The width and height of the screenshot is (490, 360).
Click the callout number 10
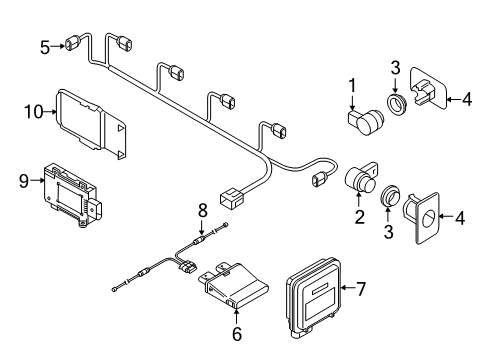[x=34, y=112]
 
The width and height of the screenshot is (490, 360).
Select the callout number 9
[x=24, y=181]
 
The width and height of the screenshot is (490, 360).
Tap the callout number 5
[x=45, y=47]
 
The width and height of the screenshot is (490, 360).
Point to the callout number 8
[x=203, y=210]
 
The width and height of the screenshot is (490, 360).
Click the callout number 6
[x=237, y=334]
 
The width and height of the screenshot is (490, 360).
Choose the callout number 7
[x=361, y=288]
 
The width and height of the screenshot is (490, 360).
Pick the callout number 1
[x=352, y=85]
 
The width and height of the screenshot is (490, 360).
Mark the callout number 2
[x=360, y=217]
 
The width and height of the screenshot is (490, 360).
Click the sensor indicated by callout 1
[x=366, y=121]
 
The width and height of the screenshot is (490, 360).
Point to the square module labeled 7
[x=314, y=297]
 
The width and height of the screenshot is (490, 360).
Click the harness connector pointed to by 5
[x=72, y=43]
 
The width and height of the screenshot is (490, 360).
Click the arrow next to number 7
[x=348, y=287]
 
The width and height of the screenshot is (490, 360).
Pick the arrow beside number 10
[x=50, y=112]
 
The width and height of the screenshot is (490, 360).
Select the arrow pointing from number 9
[x=37, y=180]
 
